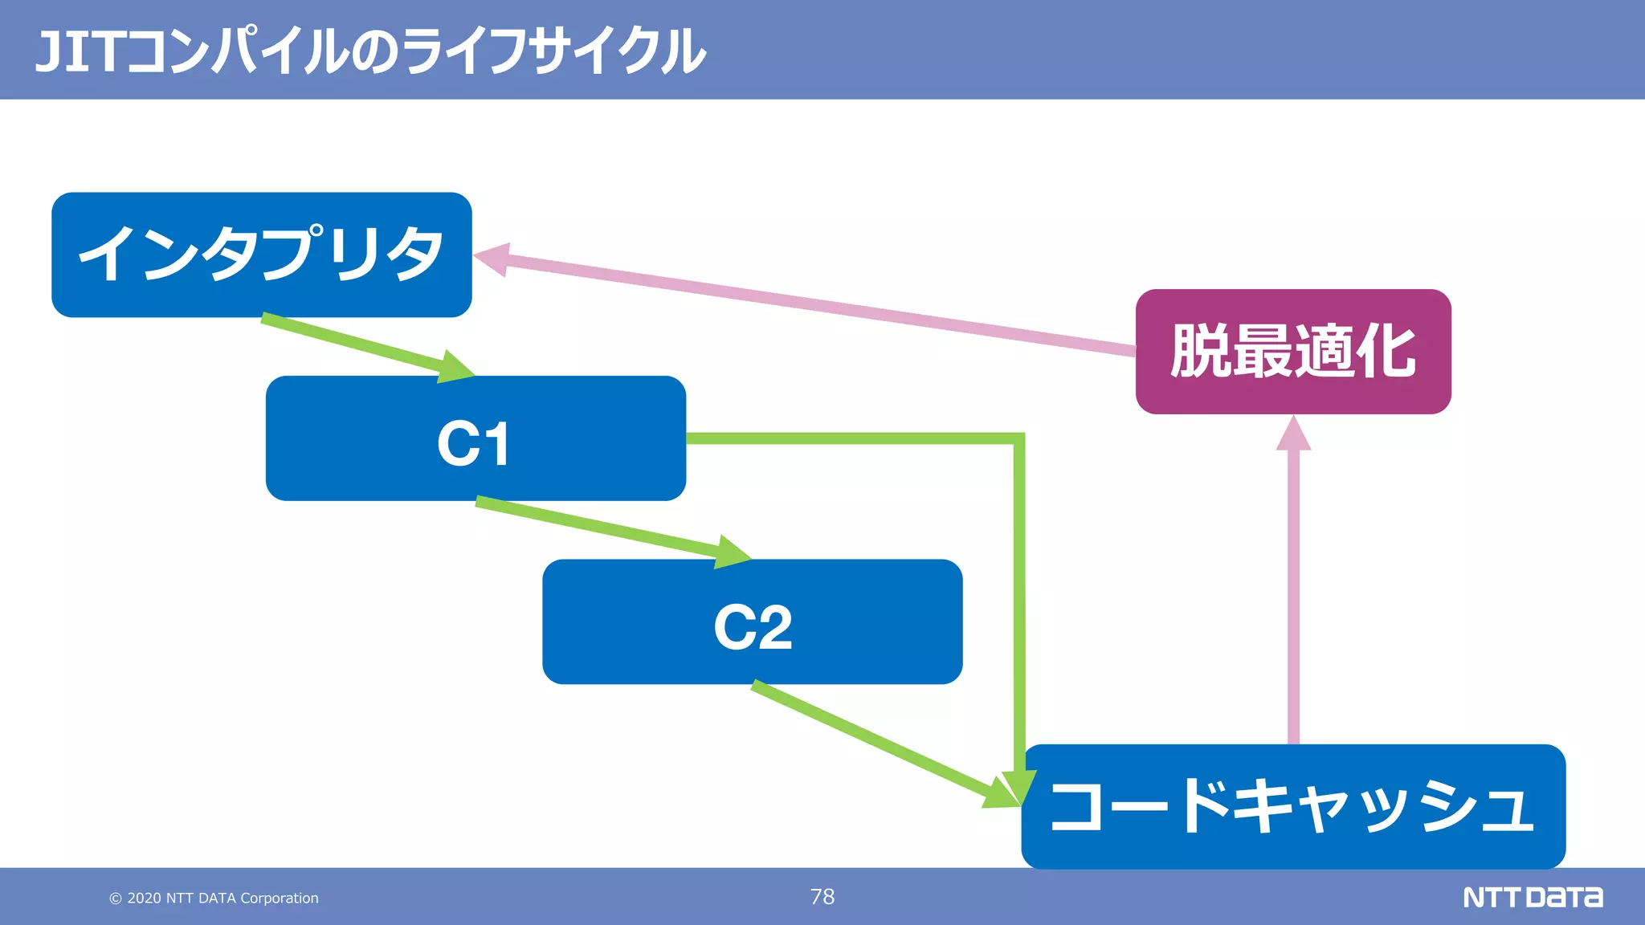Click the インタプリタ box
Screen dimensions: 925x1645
tap(261, 255)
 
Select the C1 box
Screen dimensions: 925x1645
tap(476, 438)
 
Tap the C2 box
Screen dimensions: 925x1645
tap(752, 621)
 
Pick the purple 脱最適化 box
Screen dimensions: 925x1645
tap(1293, 352)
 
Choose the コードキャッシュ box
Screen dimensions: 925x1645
tap(1293, 806)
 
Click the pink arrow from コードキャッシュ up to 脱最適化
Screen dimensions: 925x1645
tap(1293, 594)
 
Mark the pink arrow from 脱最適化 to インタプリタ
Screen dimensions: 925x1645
tap(803, 303)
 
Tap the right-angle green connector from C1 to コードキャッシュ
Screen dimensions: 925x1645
tap(1018, 562)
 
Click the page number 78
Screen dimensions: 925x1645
tap(822, 896)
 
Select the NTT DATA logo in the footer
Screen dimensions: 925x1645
tap(1533, 897)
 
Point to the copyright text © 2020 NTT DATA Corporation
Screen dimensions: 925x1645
tap(214, 898)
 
